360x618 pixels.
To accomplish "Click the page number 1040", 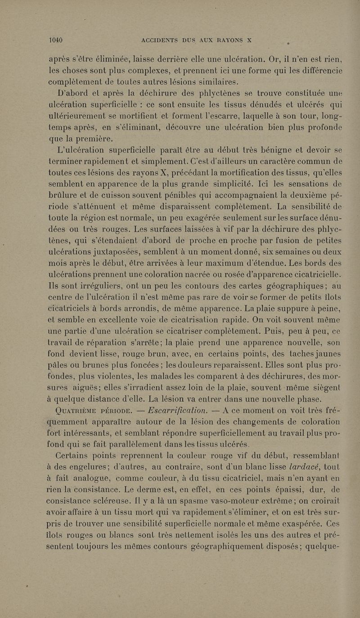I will point(55,39).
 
